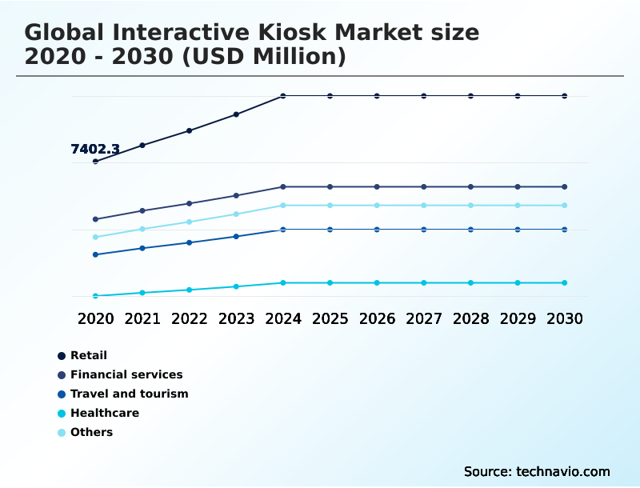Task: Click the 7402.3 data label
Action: pyautogui.click(x=95, y=149)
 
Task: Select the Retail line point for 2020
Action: pyautogui.click(x=96, y=162)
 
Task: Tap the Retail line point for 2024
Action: pyautogui.click(x=283, y=96)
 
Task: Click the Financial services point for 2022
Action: pyautogui.click(x=190, y=203)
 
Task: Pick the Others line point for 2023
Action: pyautogui.click(x=236, y=214)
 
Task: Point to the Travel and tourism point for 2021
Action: pyautogui.click(x=142, y=248)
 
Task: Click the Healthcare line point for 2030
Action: pyautogui.click(x=564, y=282)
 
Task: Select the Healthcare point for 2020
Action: pyautogui.click(x=96, y=296)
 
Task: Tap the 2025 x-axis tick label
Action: pyautogui.click(x=330, y=318)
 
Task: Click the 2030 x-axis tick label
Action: pyautogui.click(x=564, y=318)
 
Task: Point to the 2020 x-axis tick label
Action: pyautogui.click(x=96, y=318)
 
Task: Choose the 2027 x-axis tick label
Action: pyautogui.click(x=423, y=318)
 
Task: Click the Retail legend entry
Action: pyautogui.click(x=88, y=355)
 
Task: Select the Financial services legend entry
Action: pyautogui.click(x=126, y=374)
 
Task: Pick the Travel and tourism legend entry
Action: pyautogui.click(x=129, y=394)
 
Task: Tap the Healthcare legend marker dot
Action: pyautogui.click(x=62, y=414)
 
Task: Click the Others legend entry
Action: pyautogui.click(x=91, y=432)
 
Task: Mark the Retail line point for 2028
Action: pyautogui.click(x=470, y=96)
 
